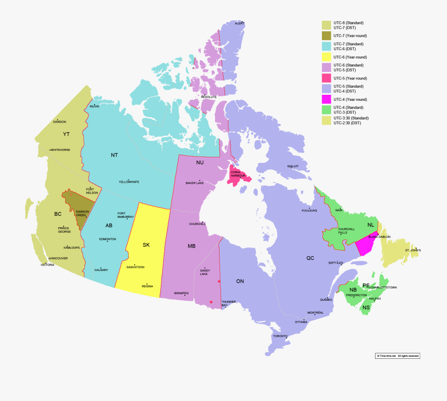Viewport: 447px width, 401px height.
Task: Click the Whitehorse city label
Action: point(61,150)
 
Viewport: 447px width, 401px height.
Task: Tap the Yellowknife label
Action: point(129,182)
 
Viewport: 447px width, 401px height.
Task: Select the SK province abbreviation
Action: point(146,245)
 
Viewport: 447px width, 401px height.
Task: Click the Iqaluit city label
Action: point(293,166)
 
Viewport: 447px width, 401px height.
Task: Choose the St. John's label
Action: point(413,250)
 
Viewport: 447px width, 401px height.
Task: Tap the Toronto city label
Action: point(280,336)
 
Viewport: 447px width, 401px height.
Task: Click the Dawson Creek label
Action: point(82,213)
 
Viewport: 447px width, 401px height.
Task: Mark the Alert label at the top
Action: point(240,23)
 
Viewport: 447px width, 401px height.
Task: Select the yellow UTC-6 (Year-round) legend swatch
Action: point(326,57)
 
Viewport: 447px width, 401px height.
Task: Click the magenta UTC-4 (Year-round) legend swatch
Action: point(326,100)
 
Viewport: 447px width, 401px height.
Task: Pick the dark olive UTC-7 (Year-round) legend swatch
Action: point(326,36)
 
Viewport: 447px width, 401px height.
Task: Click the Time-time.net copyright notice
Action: point(397,356)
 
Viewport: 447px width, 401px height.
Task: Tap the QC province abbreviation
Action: point(310,258)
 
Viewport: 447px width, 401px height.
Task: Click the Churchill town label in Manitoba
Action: point(197,224)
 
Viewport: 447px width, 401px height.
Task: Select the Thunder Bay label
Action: point(228,303)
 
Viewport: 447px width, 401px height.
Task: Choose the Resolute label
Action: point(209,97)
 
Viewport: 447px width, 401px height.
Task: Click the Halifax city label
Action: point(375,298)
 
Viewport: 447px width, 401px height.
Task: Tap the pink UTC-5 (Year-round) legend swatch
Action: point(326,78)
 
